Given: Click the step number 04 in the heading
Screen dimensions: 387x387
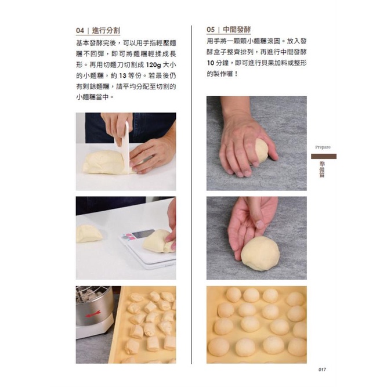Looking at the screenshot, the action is [80, 31].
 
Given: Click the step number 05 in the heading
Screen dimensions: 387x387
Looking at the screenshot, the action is [211, 30].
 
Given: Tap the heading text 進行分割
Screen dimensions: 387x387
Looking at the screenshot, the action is [106, 31].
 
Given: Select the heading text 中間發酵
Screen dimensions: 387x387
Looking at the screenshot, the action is [237, 30].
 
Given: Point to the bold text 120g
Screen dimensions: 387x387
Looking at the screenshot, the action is [153, 65].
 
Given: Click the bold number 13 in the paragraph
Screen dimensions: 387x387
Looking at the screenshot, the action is [122, 75].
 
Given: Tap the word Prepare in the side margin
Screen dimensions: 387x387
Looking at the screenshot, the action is [323, 147].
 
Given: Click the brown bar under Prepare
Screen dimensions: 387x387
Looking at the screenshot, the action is [324, 156].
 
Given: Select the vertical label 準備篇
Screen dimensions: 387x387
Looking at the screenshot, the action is [322, 169].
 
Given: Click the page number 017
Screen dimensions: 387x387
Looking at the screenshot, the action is [322, 370].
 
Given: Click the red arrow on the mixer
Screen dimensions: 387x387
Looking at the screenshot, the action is [93, 314].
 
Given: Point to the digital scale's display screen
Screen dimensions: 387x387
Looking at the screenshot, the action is [143, 234].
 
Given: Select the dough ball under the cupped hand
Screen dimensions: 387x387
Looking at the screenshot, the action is [261, 150].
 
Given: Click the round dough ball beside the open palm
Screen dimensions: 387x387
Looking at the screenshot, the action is [260, 254].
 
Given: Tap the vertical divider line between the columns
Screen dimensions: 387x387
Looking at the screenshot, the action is [191, 194].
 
